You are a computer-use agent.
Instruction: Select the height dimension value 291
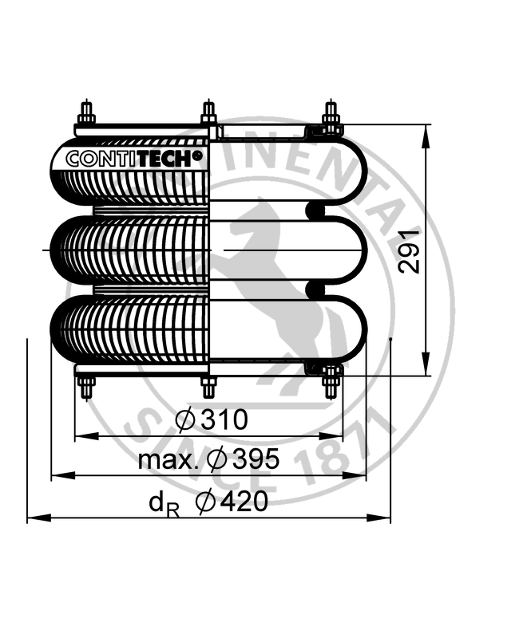pyautogui.click(x=410, y=250)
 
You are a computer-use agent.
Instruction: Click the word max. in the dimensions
pyautogui.click(x=168, y=460)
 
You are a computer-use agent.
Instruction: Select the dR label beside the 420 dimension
pyautogui.click(x=163, y=503)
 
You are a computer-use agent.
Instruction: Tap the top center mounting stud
pyautogui.click(x=208, y=112)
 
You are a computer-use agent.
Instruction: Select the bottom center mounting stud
pyautogui.click(x=208, y=387)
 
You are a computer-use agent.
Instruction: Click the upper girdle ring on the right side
pyautogui.click(x=316, y=211)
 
